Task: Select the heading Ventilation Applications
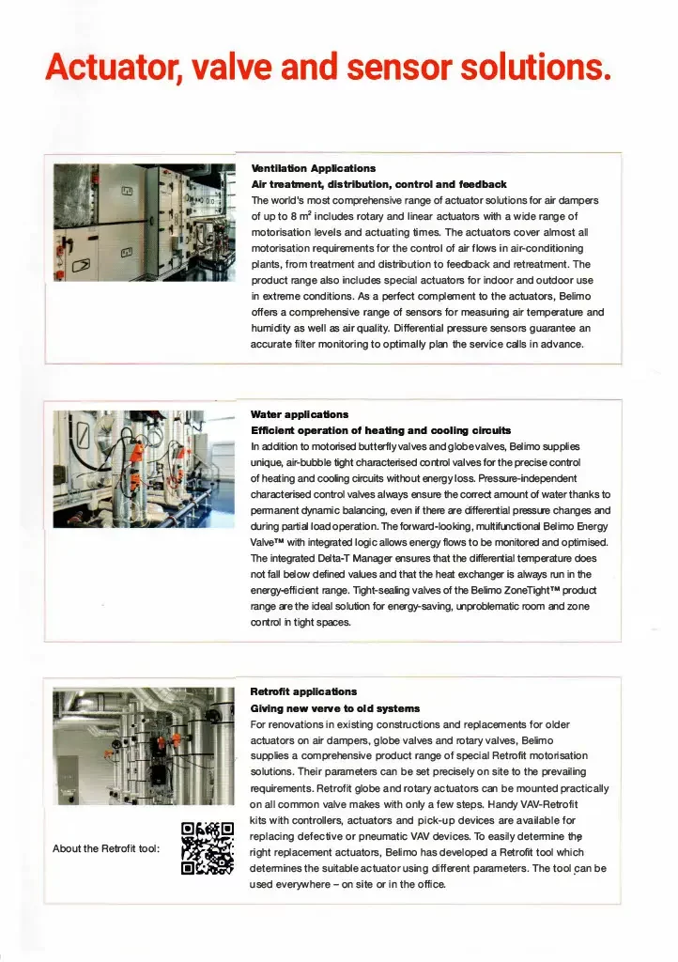(313, 168)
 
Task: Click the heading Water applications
(299, 413)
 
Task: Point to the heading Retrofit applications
(303, 691)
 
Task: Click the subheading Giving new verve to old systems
(334, 707)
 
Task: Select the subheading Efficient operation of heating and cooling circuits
(380, 429)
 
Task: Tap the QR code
(207, 847)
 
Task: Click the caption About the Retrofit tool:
(106, 848)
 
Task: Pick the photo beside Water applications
(144, 469)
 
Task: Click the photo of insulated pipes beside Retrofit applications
(144, 747)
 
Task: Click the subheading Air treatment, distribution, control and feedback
(378, 184)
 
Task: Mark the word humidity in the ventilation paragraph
(273, 328)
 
